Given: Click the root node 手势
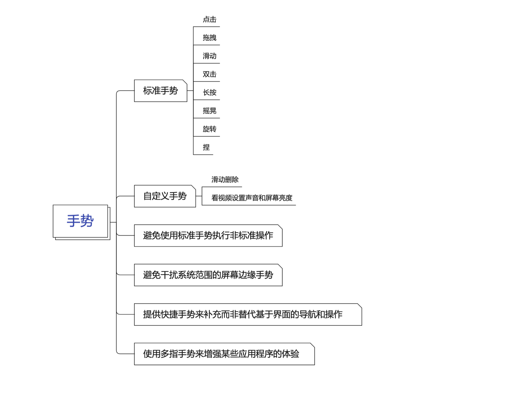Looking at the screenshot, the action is pos(80,221).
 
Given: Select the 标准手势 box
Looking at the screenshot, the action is pos(160,91).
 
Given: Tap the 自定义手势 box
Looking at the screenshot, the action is pos(165,196).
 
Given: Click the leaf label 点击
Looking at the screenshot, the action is pos(209,20).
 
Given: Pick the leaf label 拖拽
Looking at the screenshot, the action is pos(209,38).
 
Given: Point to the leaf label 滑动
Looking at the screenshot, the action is pos(209,56).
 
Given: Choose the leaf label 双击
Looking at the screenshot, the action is pos(209,75).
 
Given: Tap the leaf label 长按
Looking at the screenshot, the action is pos(209,93).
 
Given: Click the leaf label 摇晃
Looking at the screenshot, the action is pos(209,111).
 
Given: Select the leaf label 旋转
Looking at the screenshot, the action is pos(209,129).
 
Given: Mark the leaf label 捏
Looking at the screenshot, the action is pos(206,147).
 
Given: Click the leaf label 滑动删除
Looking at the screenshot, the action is pos(225,180).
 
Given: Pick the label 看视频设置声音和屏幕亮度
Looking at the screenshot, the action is pos(252,198).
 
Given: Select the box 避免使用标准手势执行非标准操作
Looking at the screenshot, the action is pos(208,236).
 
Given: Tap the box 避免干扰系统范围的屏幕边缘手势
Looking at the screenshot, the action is pos(208,275).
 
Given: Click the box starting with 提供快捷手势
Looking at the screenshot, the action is pos(243,314).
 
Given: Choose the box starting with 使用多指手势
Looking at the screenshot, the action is pos(221,354).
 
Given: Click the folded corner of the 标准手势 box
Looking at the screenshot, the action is pos(185,82).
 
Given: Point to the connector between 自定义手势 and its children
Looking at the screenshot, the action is pos(199,196).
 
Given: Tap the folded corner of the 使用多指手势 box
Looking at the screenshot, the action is pos(313,345).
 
